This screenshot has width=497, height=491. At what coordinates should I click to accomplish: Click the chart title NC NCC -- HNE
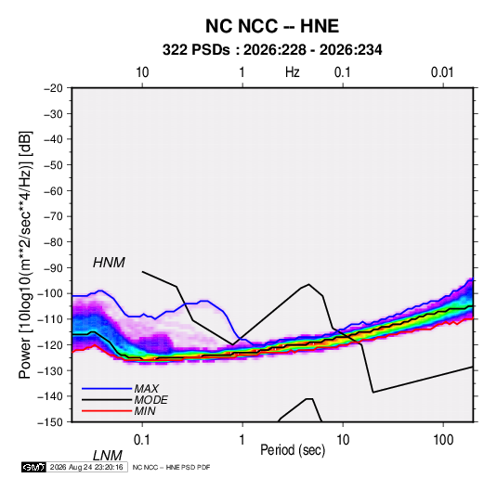coord(272,26)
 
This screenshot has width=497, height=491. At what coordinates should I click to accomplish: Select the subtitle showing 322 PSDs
coord(272,50)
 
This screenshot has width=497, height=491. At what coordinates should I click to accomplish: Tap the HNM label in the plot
coord(109,263)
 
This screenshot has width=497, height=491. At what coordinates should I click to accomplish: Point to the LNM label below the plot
coord(107,456)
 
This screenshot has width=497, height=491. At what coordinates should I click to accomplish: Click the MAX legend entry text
coord(146,388)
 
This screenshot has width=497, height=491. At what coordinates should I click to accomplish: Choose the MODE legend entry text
coord(150,400)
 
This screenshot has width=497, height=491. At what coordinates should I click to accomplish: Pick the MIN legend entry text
coord(145,411)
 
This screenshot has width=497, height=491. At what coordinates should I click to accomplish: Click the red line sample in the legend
coord(107,411)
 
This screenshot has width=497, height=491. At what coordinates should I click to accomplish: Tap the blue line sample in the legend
coord(107,388)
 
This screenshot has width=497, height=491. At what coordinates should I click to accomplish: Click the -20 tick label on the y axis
coord(53,88)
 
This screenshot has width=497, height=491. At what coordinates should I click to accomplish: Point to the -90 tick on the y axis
coord(53,267)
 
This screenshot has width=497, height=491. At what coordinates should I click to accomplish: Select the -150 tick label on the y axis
coord(50,422)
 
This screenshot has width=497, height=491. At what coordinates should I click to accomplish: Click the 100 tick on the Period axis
coord(443,440)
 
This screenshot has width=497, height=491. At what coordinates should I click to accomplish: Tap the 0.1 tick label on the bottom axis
coord(142,440)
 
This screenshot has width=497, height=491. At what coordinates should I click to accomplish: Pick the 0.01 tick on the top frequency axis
coord(442,72)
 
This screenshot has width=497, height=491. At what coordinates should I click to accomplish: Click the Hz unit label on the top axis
coord(293,72)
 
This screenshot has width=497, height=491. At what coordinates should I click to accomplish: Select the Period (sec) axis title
coord(293,450)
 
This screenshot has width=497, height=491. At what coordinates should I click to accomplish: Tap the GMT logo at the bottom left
coord(33,467)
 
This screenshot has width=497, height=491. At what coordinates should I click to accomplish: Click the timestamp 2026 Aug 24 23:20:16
coord(86,467)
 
